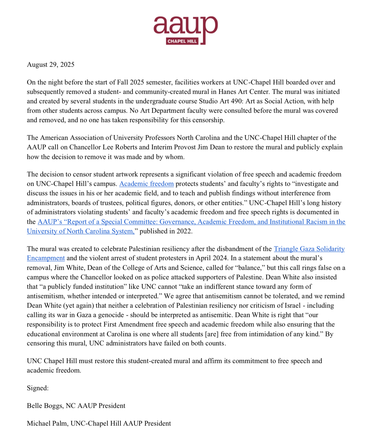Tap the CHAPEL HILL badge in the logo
[182, 41]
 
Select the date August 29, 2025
[50, 65]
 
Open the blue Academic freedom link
[146, 184]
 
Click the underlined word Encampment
[46, 258]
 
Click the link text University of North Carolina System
[80, 231]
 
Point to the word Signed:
[38, 388]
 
